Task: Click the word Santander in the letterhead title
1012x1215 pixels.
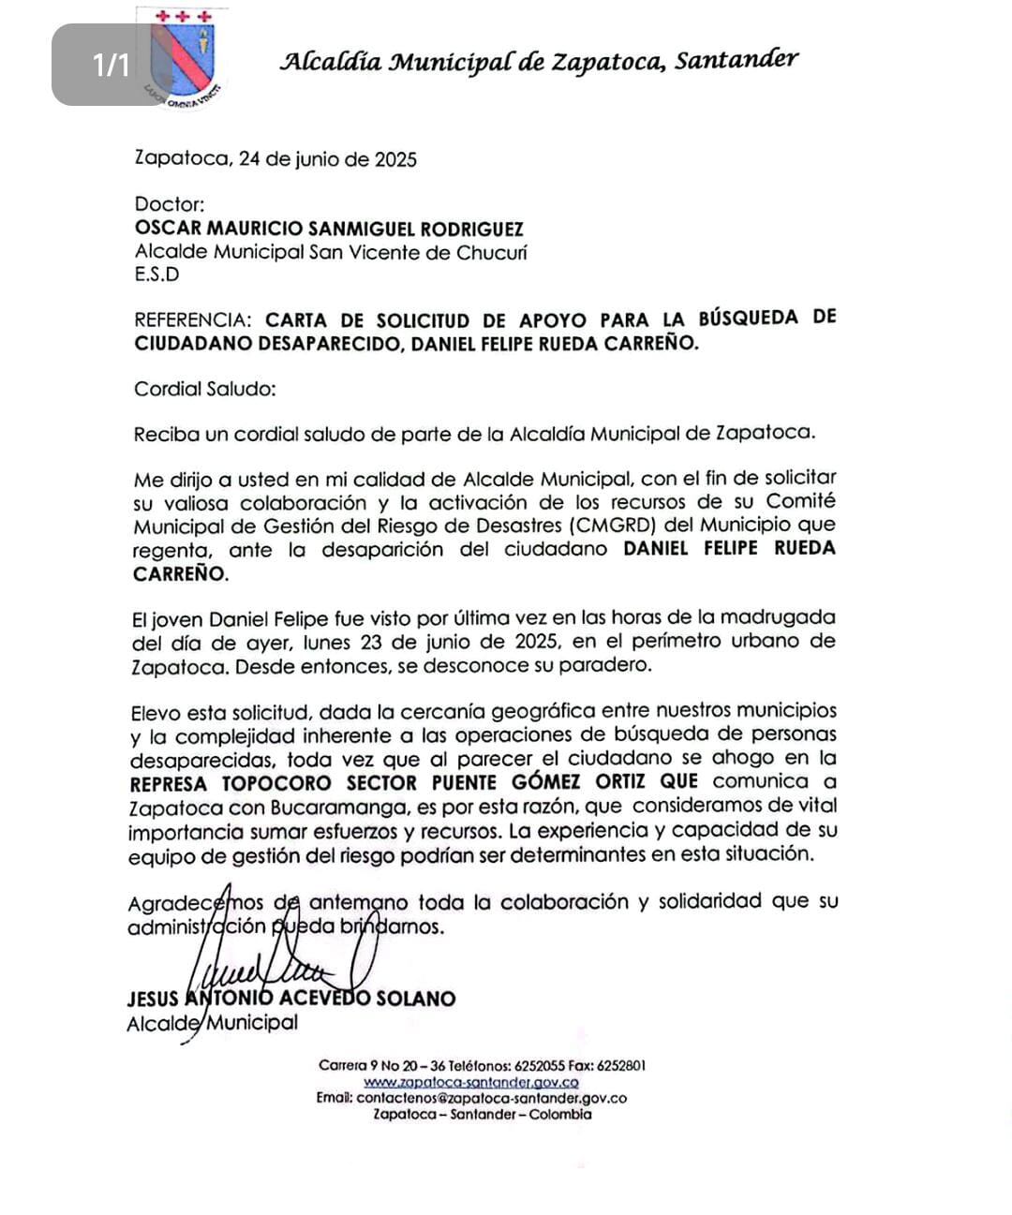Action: point(737,61)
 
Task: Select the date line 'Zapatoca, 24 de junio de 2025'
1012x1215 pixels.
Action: point(275,158)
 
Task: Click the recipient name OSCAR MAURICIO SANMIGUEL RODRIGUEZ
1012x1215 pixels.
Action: point(329,229)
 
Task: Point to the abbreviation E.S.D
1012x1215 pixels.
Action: point(156,274)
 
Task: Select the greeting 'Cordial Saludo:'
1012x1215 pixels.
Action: point(204,388)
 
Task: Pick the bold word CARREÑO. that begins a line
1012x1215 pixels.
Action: point(180,573)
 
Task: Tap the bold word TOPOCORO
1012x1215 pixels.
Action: point(276,782)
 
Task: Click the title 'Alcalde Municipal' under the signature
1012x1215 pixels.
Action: point(212,1022)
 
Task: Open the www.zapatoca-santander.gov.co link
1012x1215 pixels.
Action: point(470,1082)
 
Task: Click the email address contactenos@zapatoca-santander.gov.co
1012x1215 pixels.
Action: point(491,1098)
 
